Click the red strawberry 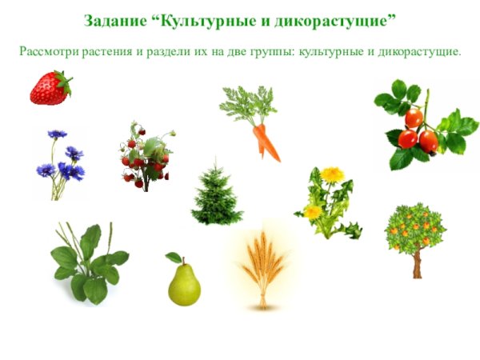tap(50, 89)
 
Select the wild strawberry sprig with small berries tap(146, 157)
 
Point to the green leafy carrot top tap(247, 105)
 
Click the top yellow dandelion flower tap(332, 174)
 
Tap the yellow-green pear tap(184, 284)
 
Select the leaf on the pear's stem tap(173, 258)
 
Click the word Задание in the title tap(114, 18)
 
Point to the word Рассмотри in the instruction tap(46, 51)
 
